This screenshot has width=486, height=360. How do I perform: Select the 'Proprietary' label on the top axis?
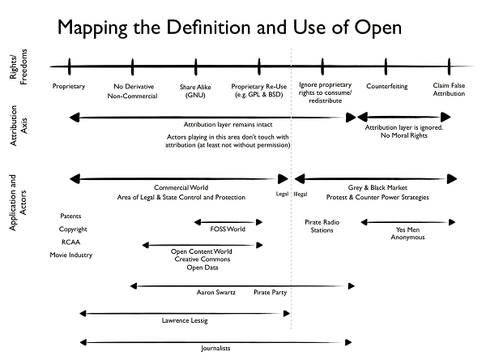point(69,86)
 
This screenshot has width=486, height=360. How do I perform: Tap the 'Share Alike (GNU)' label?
point(195,91)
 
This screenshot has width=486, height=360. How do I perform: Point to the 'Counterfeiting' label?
point(386,86)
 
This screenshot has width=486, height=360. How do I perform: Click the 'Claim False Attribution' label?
point(449,91)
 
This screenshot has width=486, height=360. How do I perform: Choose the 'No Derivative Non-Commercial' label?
point(132,91)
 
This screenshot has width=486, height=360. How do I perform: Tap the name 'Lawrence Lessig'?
point(185,321)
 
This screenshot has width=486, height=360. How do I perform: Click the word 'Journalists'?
point(215,348)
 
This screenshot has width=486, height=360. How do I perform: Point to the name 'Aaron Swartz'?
point(216,292)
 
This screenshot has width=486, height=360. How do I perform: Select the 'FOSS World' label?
point(228,229)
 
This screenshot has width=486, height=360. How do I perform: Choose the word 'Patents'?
point(72,216)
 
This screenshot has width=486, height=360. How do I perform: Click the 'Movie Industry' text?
point(71,255)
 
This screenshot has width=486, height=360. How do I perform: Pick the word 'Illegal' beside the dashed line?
point(301,195)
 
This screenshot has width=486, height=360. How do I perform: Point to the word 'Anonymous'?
point(407,238)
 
